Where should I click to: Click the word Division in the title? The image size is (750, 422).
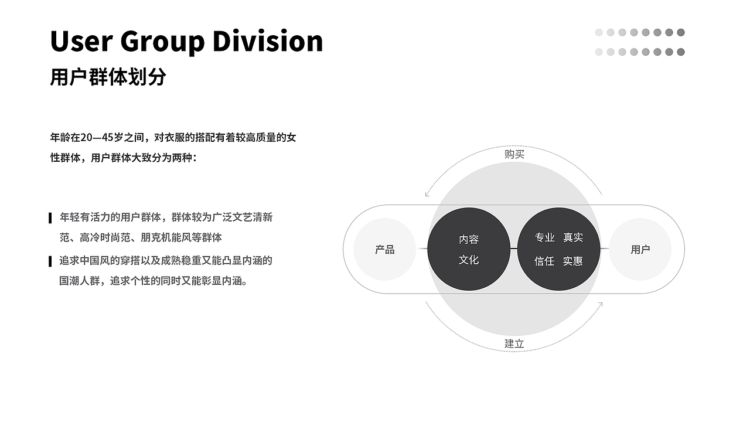(268, 41)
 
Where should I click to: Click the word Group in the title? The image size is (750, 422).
(162, 43)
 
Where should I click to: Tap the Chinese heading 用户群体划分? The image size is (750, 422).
(108, 77)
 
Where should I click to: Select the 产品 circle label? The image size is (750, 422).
(385, 250)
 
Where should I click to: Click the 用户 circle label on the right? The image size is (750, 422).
(640, 250)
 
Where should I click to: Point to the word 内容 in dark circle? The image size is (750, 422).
(469, 239)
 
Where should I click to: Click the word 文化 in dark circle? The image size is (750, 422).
(469, 260)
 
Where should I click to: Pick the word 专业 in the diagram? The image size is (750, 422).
(545, 237)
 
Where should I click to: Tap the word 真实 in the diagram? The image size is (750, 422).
(573, 237)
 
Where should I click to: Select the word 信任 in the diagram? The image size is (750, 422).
(544, 261)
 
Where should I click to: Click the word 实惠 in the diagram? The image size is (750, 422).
(573, 261)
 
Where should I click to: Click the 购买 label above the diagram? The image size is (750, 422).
(514, 154)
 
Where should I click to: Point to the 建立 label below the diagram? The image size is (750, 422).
(514, 343)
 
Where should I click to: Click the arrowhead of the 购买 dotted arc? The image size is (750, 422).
(427, 195)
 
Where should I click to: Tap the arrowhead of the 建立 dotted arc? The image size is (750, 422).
(601, 304)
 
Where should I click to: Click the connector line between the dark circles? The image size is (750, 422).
(514, 249)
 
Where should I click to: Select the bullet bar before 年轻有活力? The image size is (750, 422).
(50, 218)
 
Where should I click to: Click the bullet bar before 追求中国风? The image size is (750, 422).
(50, 261)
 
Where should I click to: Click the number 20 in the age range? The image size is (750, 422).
(86, 138)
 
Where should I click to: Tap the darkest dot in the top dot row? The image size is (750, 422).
(681, 32)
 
